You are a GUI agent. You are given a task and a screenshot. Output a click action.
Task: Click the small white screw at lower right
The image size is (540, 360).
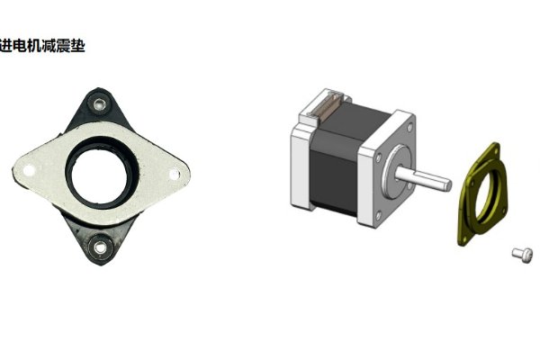pos(518,255)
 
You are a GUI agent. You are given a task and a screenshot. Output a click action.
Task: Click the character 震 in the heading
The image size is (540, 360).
pos(63,44)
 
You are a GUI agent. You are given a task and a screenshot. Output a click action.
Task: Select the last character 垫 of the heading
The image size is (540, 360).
pos(78,44)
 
